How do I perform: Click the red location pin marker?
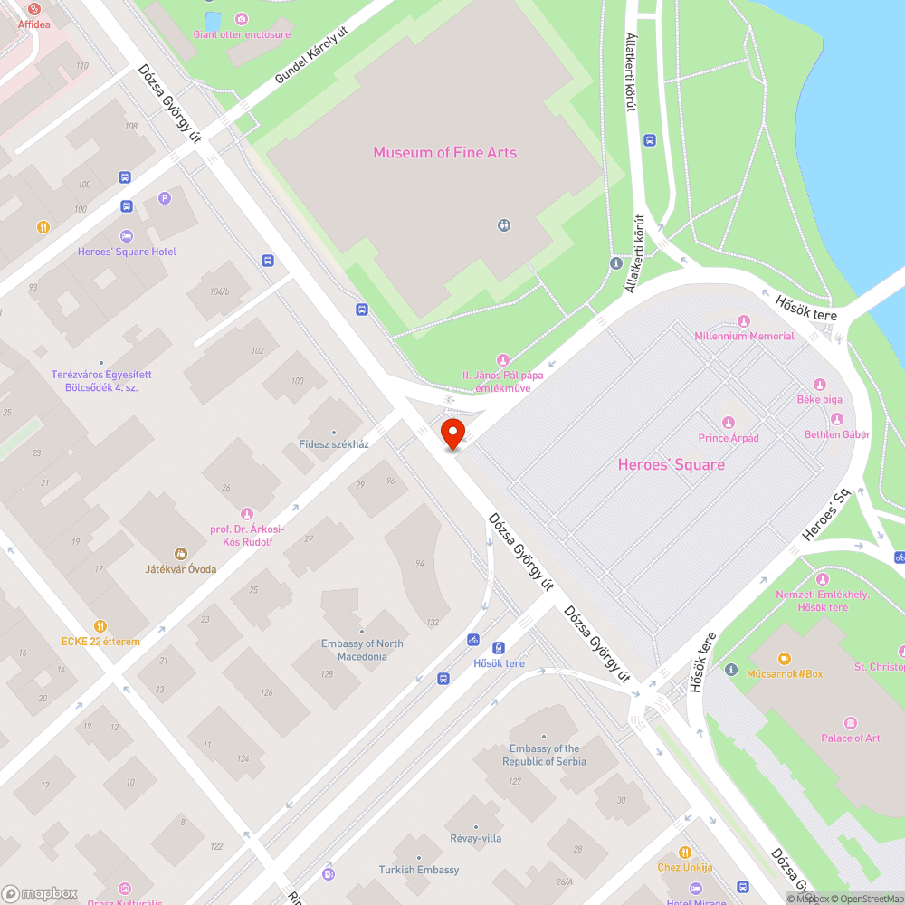click(452, 433)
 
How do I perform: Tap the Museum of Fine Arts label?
click(444, 152)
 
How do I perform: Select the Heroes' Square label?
click(671, 464)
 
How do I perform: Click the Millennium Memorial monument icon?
click(744, 321)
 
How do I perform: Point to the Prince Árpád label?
click(728, 438)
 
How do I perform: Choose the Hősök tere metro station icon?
click(498, 647)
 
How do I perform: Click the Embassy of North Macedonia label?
click(362, 650)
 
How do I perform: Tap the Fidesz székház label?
click(334, 444)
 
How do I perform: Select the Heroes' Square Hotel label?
click(127, 252)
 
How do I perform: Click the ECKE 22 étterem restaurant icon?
click(100, 625)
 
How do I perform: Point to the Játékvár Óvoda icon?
click(180, 553)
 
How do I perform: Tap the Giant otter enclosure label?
click(242, 34)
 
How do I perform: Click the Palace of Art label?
click(850, 738)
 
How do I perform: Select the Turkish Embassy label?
click(418, 870)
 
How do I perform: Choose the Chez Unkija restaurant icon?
click(685, 852)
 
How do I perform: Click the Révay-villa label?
click(475, 838)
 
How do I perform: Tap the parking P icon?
click(164, 198)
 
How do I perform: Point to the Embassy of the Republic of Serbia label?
click(544, 755)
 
